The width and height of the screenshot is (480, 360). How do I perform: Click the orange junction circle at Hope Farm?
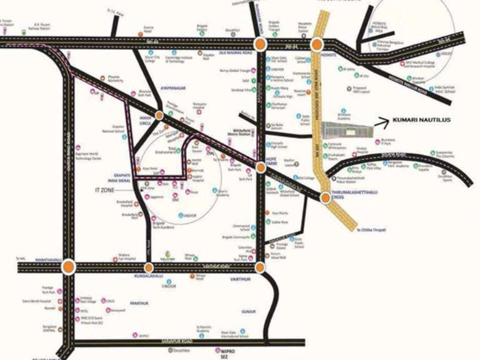click(261, 167)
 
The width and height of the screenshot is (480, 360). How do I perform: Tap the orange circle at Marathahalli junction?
click(68, 267)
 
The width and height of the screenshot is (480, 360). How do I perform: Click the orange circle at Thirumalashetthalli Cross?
click(325, 197)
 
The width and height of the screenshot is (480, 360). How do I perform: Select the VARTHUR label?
click(240, 279)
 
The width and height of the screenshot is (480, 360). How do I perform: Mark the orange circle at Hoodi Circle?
click(159, 115)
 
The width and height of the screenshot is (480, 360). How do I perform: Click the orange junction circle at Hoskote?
click(317, 44)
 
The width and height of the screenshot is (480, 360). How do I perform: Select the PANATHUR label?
click(139, 304)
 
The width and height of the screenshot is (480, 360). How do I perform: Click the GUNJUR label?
click(248, 311)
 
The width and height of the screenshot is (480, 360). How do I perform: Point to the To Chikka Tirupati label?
click(371, 230)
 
